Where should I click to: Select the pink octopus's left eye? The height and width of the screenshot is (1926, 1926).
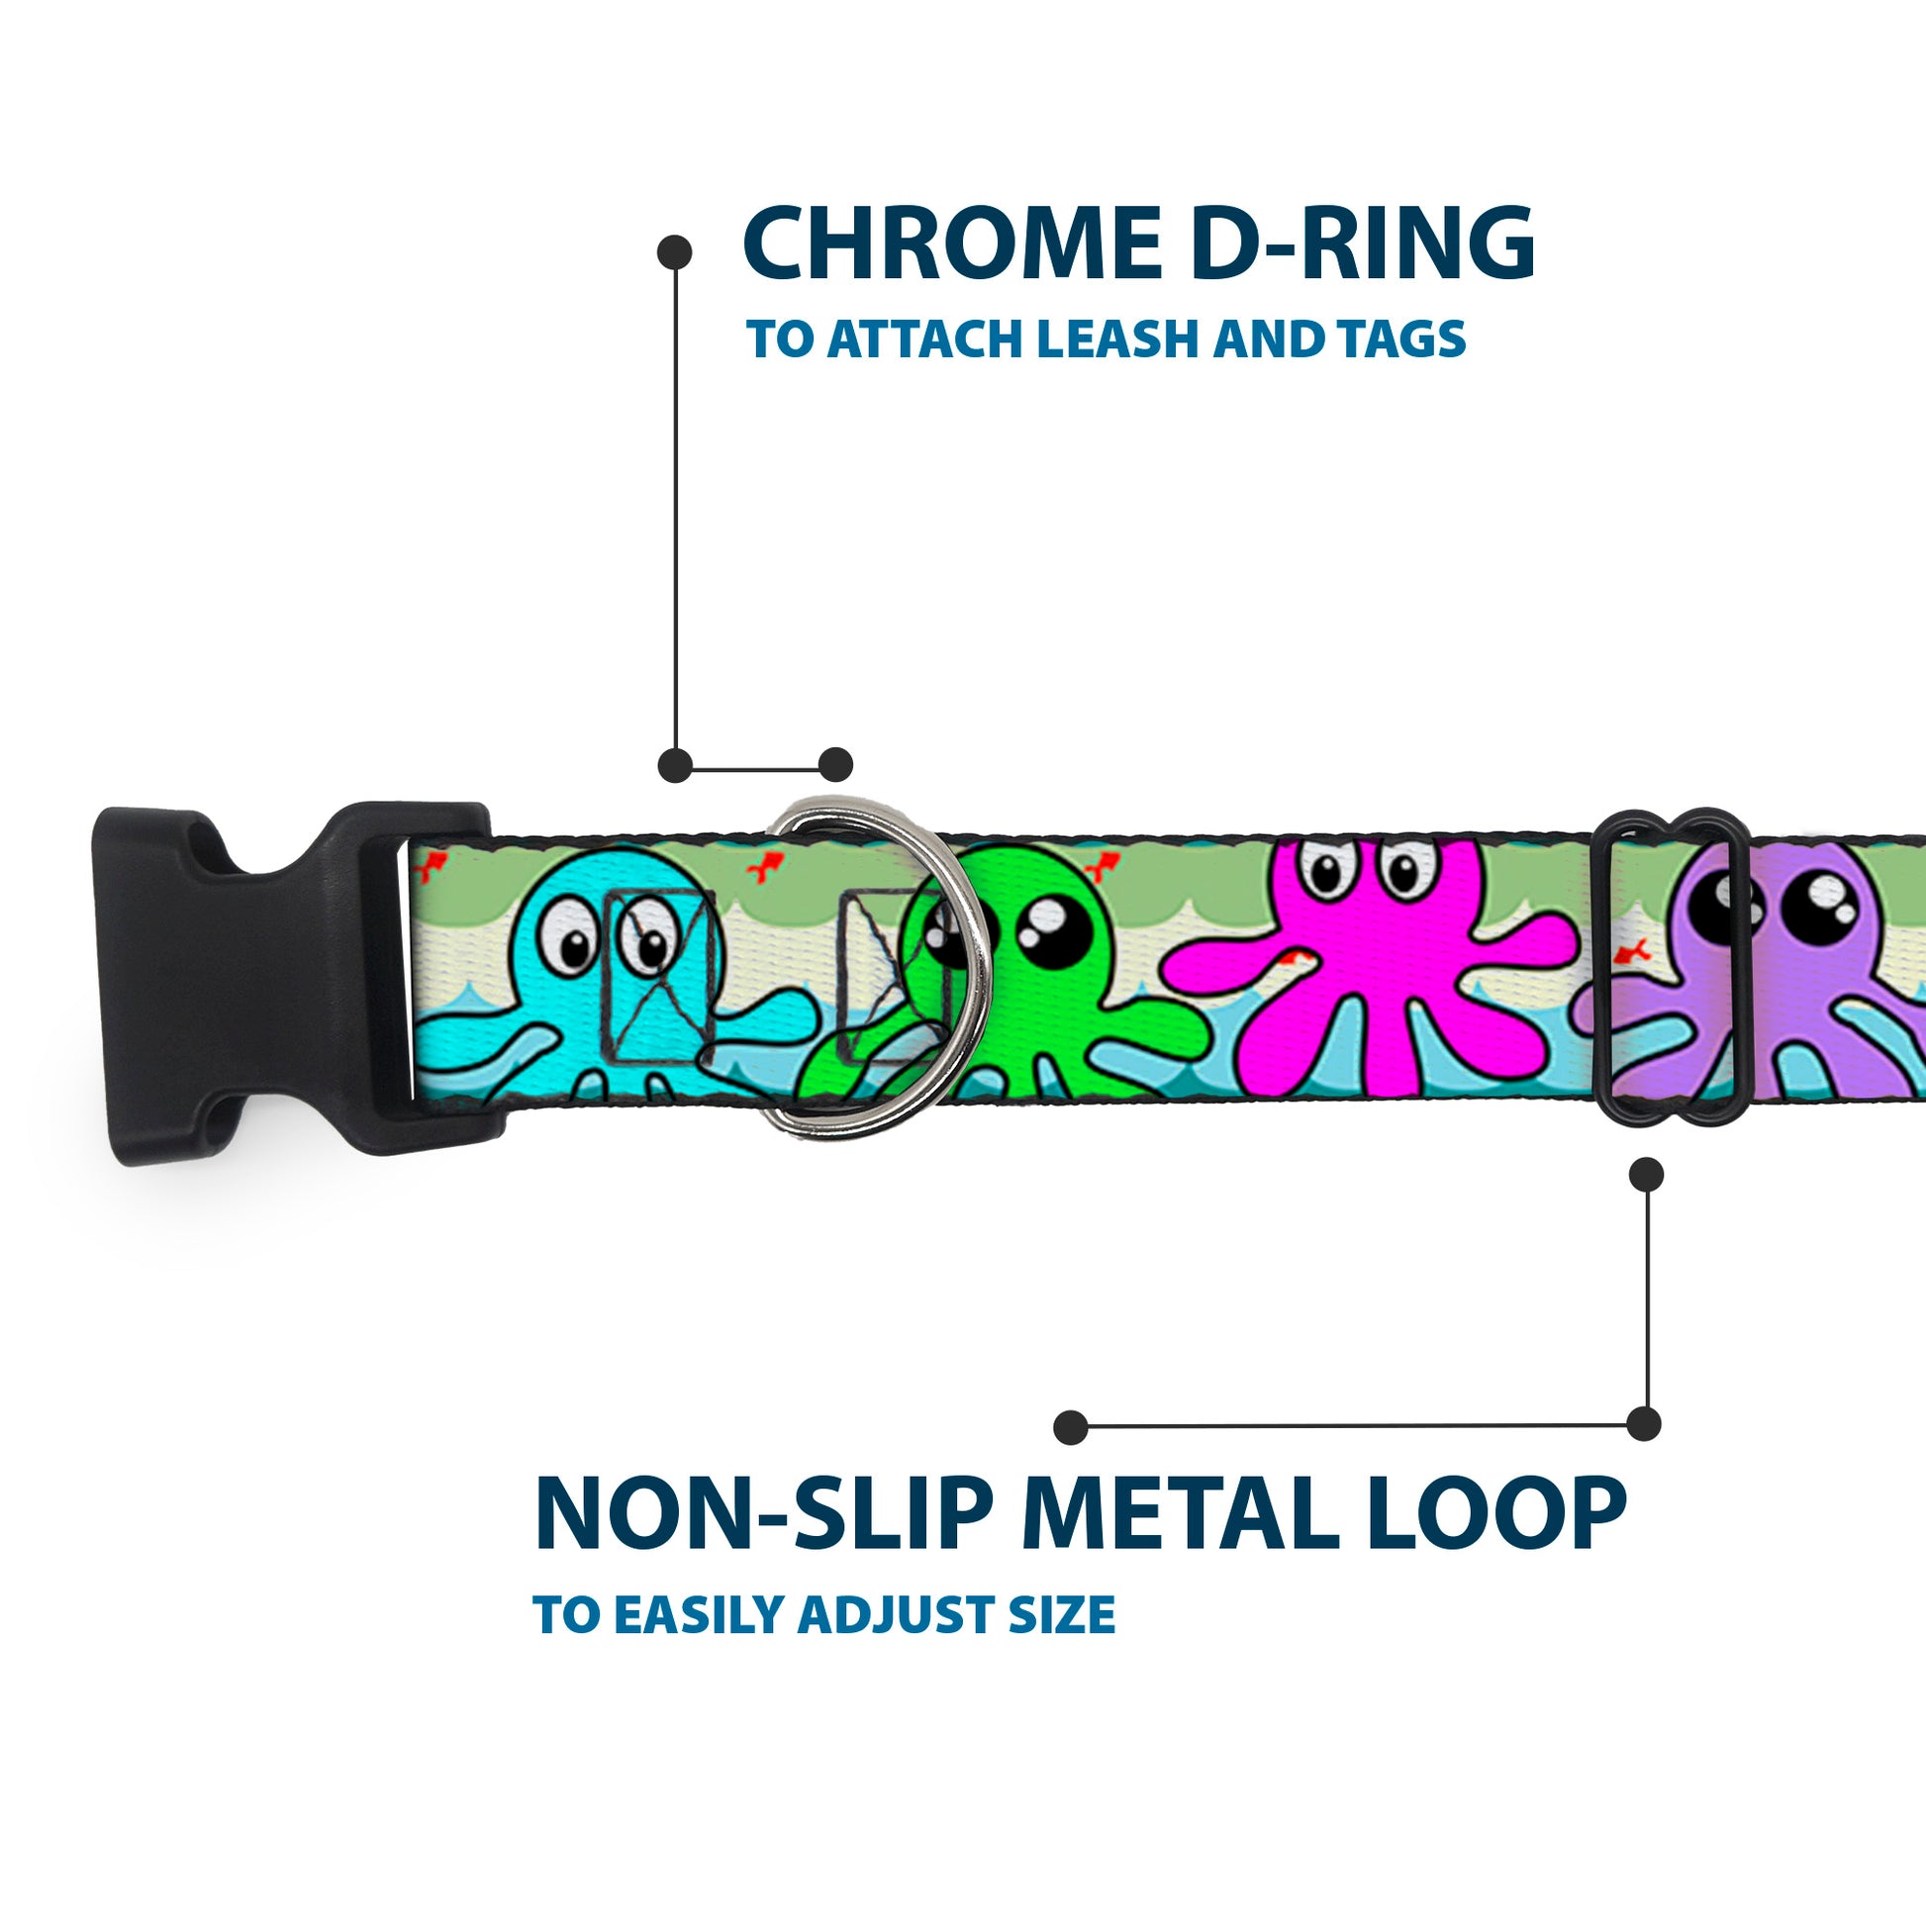click(1327, 872)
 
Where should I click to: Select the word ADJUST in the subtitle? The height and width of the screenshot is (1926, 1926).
click(898, 1615)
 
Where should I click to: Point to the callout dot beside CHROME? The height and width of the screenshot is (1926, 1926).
click(675, 252)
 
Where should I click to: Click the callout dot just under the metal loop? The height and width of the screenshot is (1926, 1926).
click(1646, 1175)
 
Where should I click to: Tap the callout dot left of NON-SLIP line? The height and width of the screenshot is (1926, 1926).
click(1070, 1426)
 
